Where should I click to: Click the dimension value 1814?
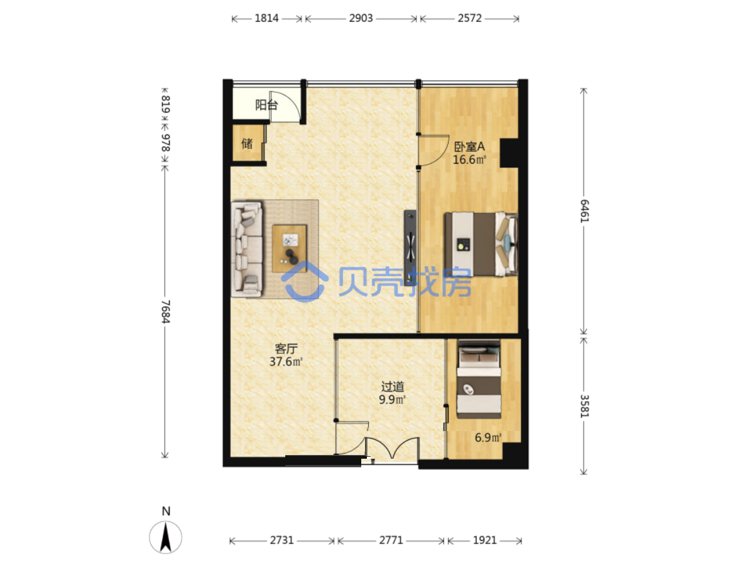point(266,18)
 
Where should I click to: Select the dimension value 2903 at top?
point(361,18)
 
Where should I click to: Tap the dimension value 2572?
point(470,18)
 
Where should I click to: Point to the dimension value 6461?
point(584,211)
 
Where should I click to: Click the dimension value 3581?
point(584,406)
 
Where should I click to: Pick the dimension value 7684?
point(165,311)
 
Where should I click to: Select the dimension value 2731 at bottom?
point(281,540)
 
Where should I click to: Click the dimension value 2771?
point(391,540)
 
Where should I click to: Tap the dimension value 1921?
point(484,540)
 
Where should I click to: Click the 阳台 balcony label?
point(266,105)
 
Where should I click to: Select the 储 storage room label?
point(247,143)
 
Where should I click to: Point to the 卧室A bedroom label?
point(469,147)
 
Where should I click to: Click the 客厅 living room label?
point(286,349)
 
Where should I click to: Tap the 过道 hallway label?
point(392,387)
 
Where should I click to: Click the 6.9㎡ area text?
point(488,437)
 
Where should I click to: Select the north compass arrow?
point(165,537)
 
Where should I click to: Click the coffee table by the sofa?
point(289,248)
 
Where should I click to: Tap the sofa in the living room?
point(247,249)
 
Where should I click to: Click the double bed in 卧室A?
point(481,243)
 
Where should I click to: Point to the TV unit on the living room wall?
point(410,247)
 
